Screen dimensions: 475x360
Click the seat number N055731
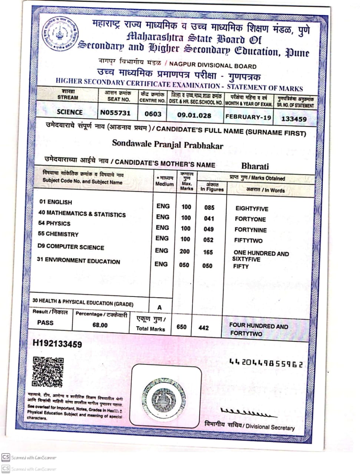pyautogui.click(x=115, y=112)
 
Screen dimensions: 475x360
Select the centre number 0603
pyautogui.click(x=153, y=114)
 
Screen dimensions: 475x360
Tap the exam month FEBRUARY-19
pyautogui.click(x=248, y=117)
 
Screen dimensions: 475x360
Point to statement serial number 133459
pyautogui.click(x=294, y=119)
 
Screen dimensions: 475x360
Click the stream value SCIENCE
pyautogui.click(x=70, y=112)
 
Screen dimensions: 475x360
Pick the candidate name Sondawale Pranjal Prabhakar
pyautogui.click(x=168, y=144)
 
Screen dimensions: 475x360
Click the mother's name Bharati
pyautogui.click(x=255, y=166)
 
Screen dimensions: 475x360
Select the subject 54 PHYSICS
pyautogui.click(x=54, y=223)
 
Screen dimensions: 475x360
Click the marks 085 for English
pyautogui.click(x=209, y=207)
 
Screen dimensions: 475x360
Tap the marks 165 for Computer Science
pyautogui.click(x=208, y=252)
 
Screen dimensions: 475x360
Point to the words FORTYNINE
pyautogui.click(x=250, y=230)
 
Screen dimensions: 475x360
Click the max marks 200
pyautogui.click(x=185, y=251)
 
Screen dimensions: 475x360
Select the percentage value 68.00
pyautogui.click(x=100, y=325)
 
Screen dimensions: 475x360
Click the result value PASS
pyautogui.click(x=45, y=322)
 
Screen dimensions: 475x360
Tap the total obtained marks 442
pyautogui.click(x=204, y=328)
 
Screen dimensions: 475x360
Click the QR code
pyautogui.click(x=48, y=371)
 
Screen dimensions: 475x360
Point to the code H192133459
pyautogui.click(x=57, y=344)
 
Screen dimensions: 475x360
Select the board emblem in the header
pyautogui.click(x=60, y=34)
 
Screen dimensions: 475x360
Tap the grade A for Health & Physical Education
pyautogui.click(x=159, y=307)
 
